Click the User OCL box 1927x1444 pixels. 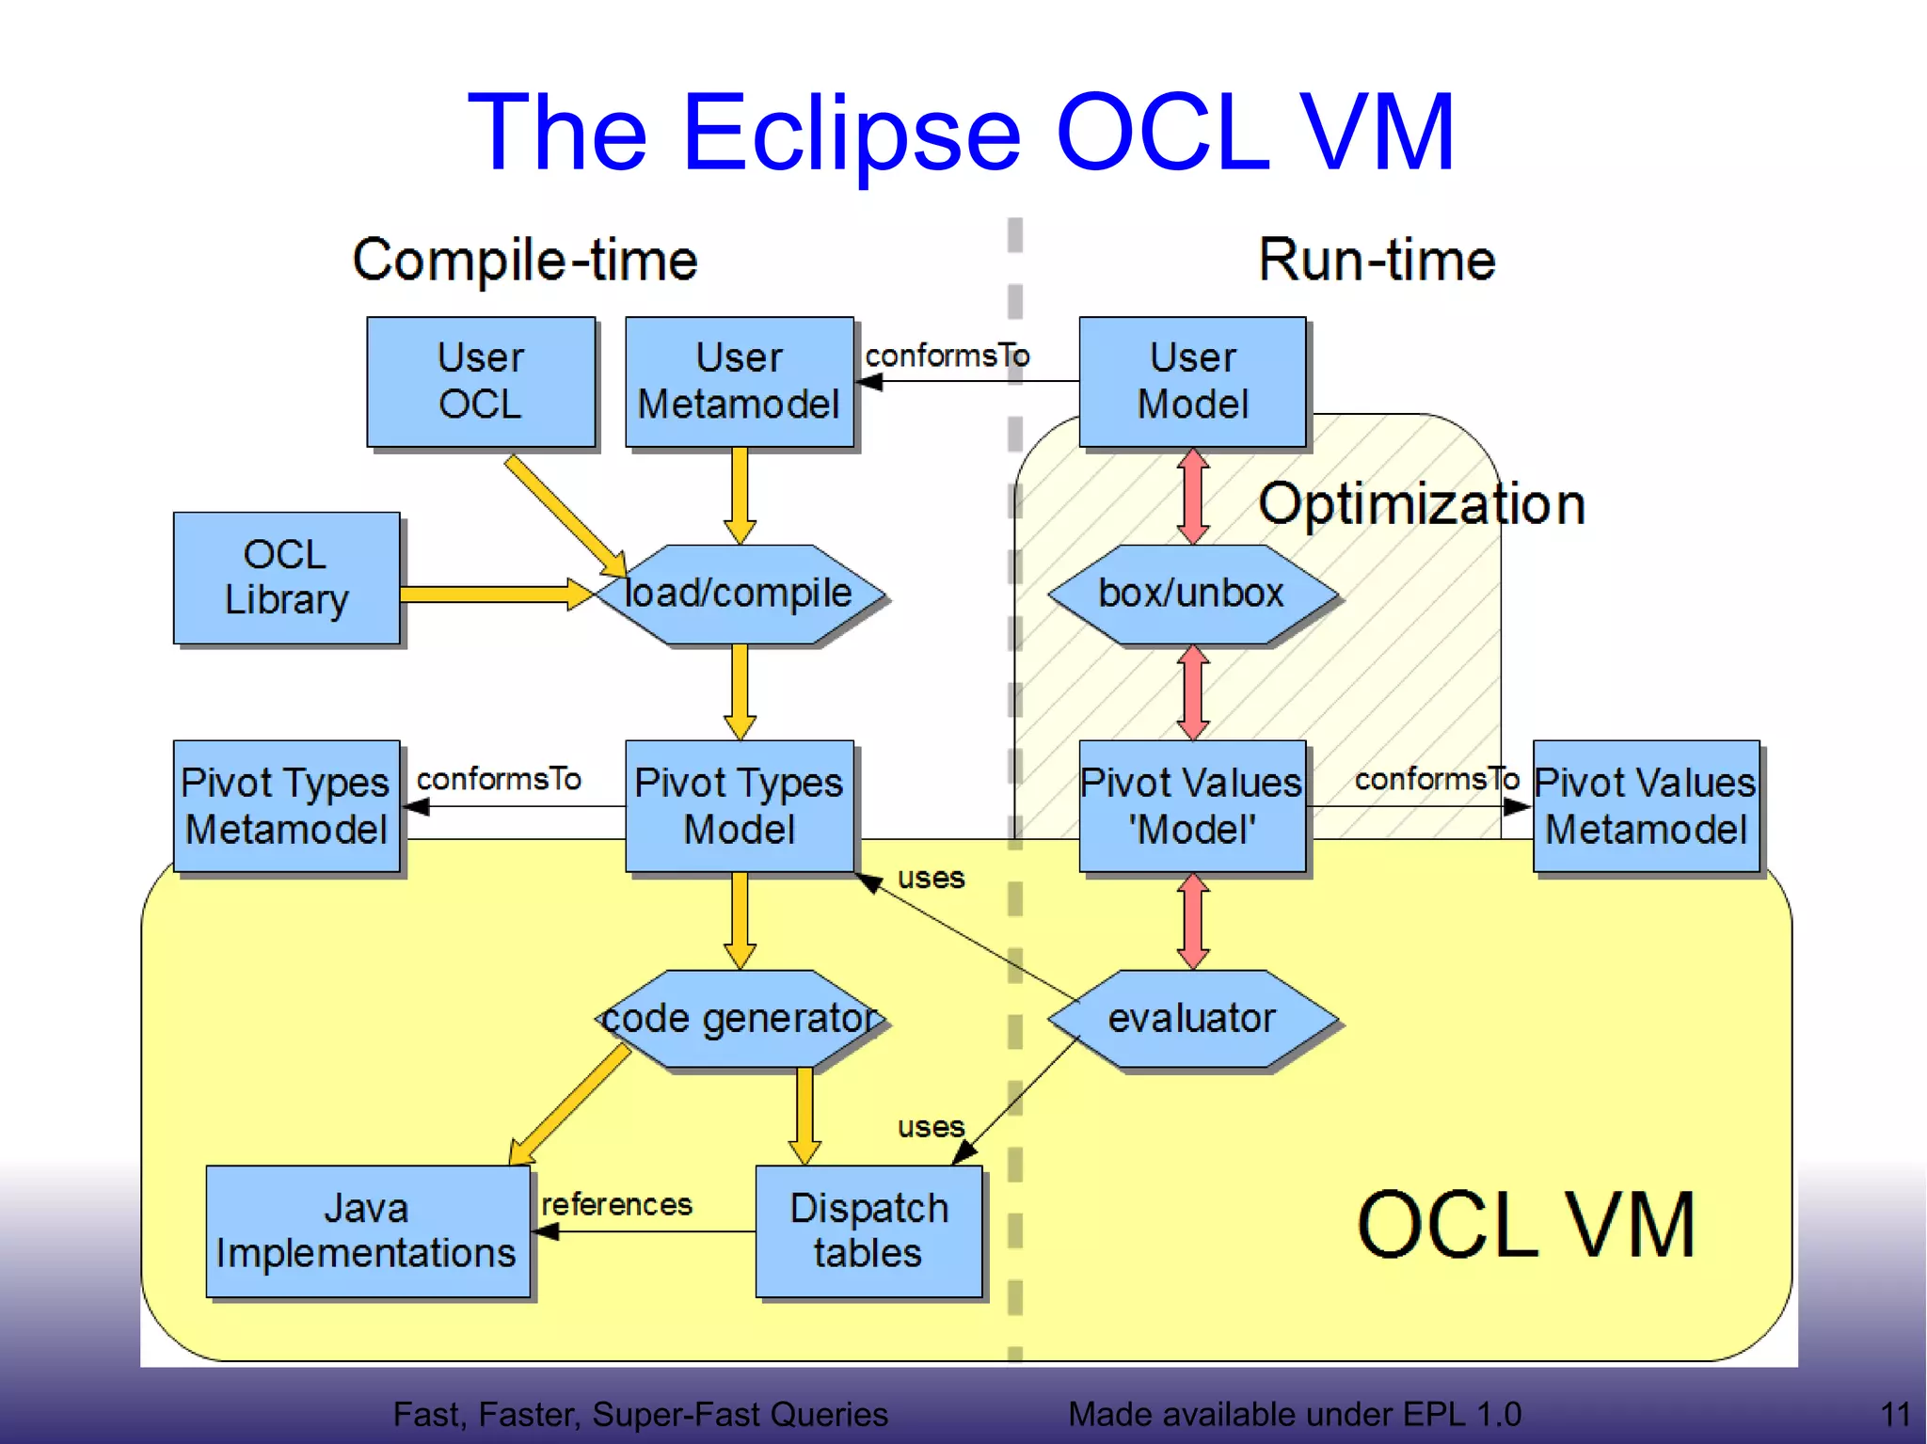tap(481, 381)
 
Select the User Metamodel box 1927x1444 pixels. tap(740, 381)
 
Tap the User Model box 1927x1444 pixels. tap(1192, 381)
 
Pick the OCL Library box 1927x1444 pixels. tap(286, 578)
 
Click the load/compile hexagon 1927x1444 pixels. tap(740, 594)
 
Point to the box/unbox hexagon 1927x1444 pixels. tap(1192, 594)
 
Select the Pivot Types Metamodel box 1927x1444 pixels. tap(286, 806)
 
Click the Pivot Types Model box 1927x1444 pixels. tap(740, 806)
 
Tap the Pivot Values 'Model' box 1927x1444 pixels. tap(1192, 806)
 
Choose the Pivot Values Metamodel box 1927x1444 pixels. tap(1646, 806)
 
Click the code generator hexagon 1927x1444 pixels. tap(740, 1019)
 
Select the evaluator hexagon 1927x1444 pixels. tap(1192, 1019)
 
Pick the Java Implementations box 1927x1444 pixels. tap(367, 1231)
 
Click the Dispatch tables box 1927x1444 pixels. tap(868, 1231)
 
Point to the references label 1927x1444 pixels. tap(616, 1204)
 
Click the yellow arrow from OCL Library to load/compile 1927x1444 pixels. tap(489, 594)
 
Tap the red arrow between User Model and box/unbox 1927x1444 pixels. tap(1193, 496)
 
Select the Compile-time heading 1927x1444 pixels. tap(525, 261)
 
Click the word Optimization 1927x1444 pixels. tap(1421, 504)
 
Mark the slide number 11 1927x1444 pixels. tap(1894, 1414)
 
